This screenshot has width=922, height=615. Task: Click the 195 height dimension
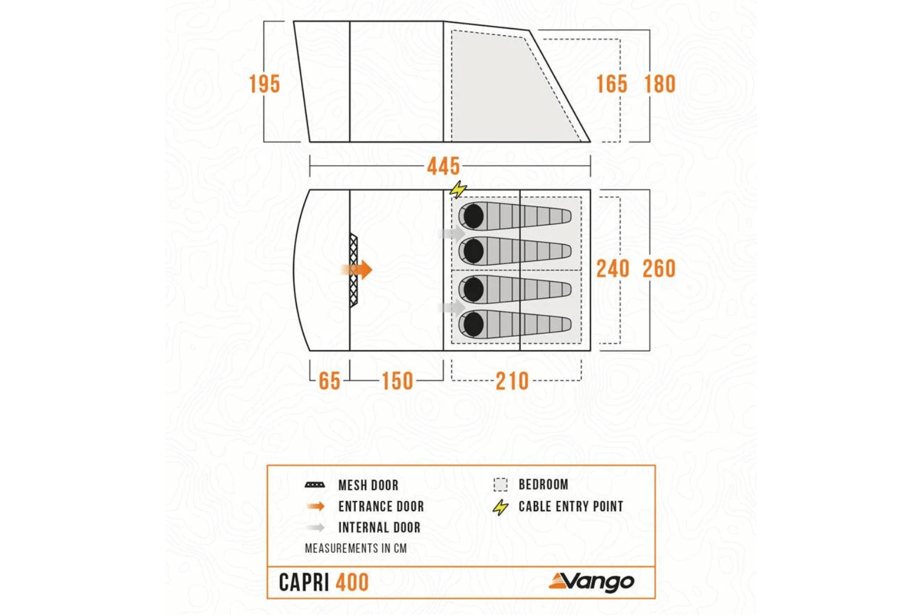264,84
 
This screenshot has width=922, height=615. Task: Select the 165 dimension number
611,84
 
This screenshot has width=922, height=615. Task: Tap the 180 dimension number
660,84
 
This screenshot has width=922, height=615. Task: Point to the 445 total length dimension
443,166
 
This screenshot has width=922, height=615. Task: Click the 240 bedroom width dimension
612,269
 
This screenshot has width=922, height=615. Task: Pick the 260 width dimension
659,269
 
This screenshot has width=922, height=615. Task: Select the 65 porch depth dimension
330,381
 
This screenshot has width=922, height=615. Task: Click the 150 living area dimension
397,381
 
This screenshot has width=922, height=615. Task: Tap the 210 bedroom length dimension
512,381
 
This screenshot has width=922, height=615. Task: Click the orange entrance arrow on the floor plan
358,270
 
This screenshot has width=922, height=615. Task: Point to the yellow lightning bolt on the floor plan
458,190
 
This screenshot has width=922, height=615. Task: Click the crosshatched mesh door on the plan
353,271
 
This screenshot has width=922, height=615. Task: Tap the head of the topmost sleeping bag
472,216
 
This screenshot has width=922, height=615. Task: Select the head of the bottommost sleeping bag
472,324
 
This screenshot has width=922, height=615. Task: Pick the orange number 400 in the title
352,582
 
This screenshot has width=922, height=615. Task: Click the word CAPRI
304,582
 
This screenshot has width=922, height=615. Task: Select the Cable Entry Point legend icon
501,507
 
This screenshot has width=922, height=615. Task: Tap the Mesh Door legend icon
314,485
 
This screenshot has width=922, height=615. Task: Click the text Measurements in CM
355,548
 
